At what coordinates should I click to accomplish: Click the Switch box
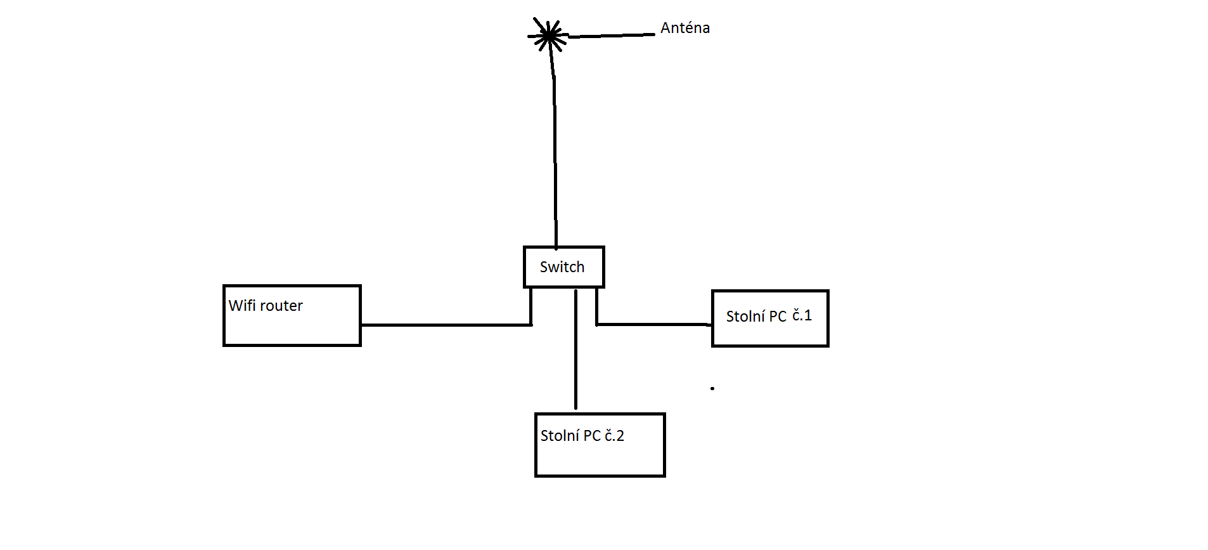[563, 267]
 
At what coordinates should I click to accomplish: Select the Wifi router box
[292, 316]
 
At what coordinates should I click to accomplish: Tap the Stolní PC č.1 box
[770, 318]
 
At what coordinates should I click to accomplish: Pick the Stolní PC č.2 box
[600, 445]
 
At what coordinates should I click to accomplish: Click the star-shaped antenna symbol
[548, 36]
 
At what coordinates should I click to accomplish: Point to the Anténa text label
[684, 28]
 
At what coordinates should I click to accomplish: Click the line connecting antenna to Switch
[555, 159]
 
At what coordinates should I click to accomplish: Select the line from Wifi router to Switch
[444, 325]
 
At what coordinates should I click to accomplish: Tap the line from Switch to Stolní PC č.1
[653, 324]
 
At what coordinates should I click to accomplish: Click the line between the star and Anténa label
[612, 36]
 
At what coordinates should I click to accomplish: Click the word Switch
[562, 267]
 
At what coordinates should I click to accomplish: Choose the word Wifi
[242, 306]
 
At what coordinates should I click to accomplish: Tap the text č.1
[802, 315]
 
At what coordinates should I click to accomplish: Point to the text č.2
[614, 436]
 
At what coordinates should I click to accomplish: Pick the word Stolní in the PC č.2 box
[560, 436]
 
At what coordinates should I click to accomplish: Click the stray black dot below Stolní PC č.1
[712, 388]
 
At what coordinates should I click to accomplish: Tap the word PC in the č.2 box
[592, 436]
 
